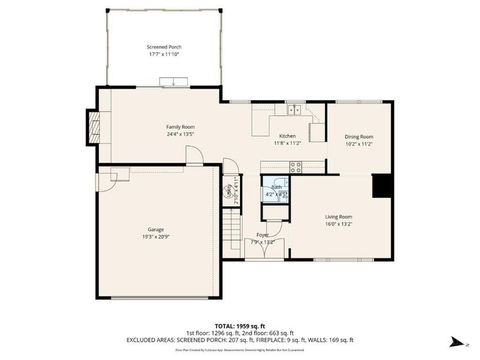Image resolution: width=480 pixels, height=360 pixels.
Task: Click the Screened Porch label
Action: tap(164, 47)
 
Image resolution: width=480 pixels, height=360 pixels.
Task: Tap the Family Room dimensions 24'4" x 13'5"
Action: tap(180, 134)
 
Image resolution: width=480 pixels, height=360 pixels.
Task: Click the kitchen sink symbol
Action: tap(293, 109)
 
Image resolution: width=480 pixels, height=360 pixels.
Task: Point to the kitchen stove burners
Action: tap(296, 167)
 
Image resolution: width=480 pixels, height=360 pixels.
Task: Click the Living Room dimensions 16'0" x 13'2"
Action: tap(338, 224)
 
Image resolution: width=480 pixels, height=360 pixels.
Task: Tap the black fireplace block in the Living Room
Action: tap(382, 185)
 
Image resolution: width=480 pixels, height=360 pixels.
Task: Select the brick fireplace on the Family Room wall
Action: tap(93, 127)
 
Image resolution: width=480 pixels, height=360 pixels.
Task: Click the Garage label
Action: tap(156, 229)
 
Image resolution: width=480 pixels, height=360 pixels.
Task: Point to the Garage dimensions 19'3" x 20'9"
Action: tap(156, 236)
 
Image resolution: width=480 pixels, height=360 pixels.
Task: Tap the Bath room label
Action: tap(275, 188)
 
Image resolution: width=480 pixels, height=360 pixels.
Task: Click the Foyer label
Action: tap(263, 235)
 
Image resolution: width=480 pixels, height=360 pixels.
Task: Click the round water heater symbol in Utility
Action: tap(229, 192)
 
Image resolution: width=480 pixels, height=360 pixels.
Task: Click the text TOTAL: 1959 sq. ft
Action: tap(239, 326)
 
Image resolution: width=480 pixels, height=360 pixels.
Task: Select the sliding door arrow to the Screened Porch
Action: tap(174, 82)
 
